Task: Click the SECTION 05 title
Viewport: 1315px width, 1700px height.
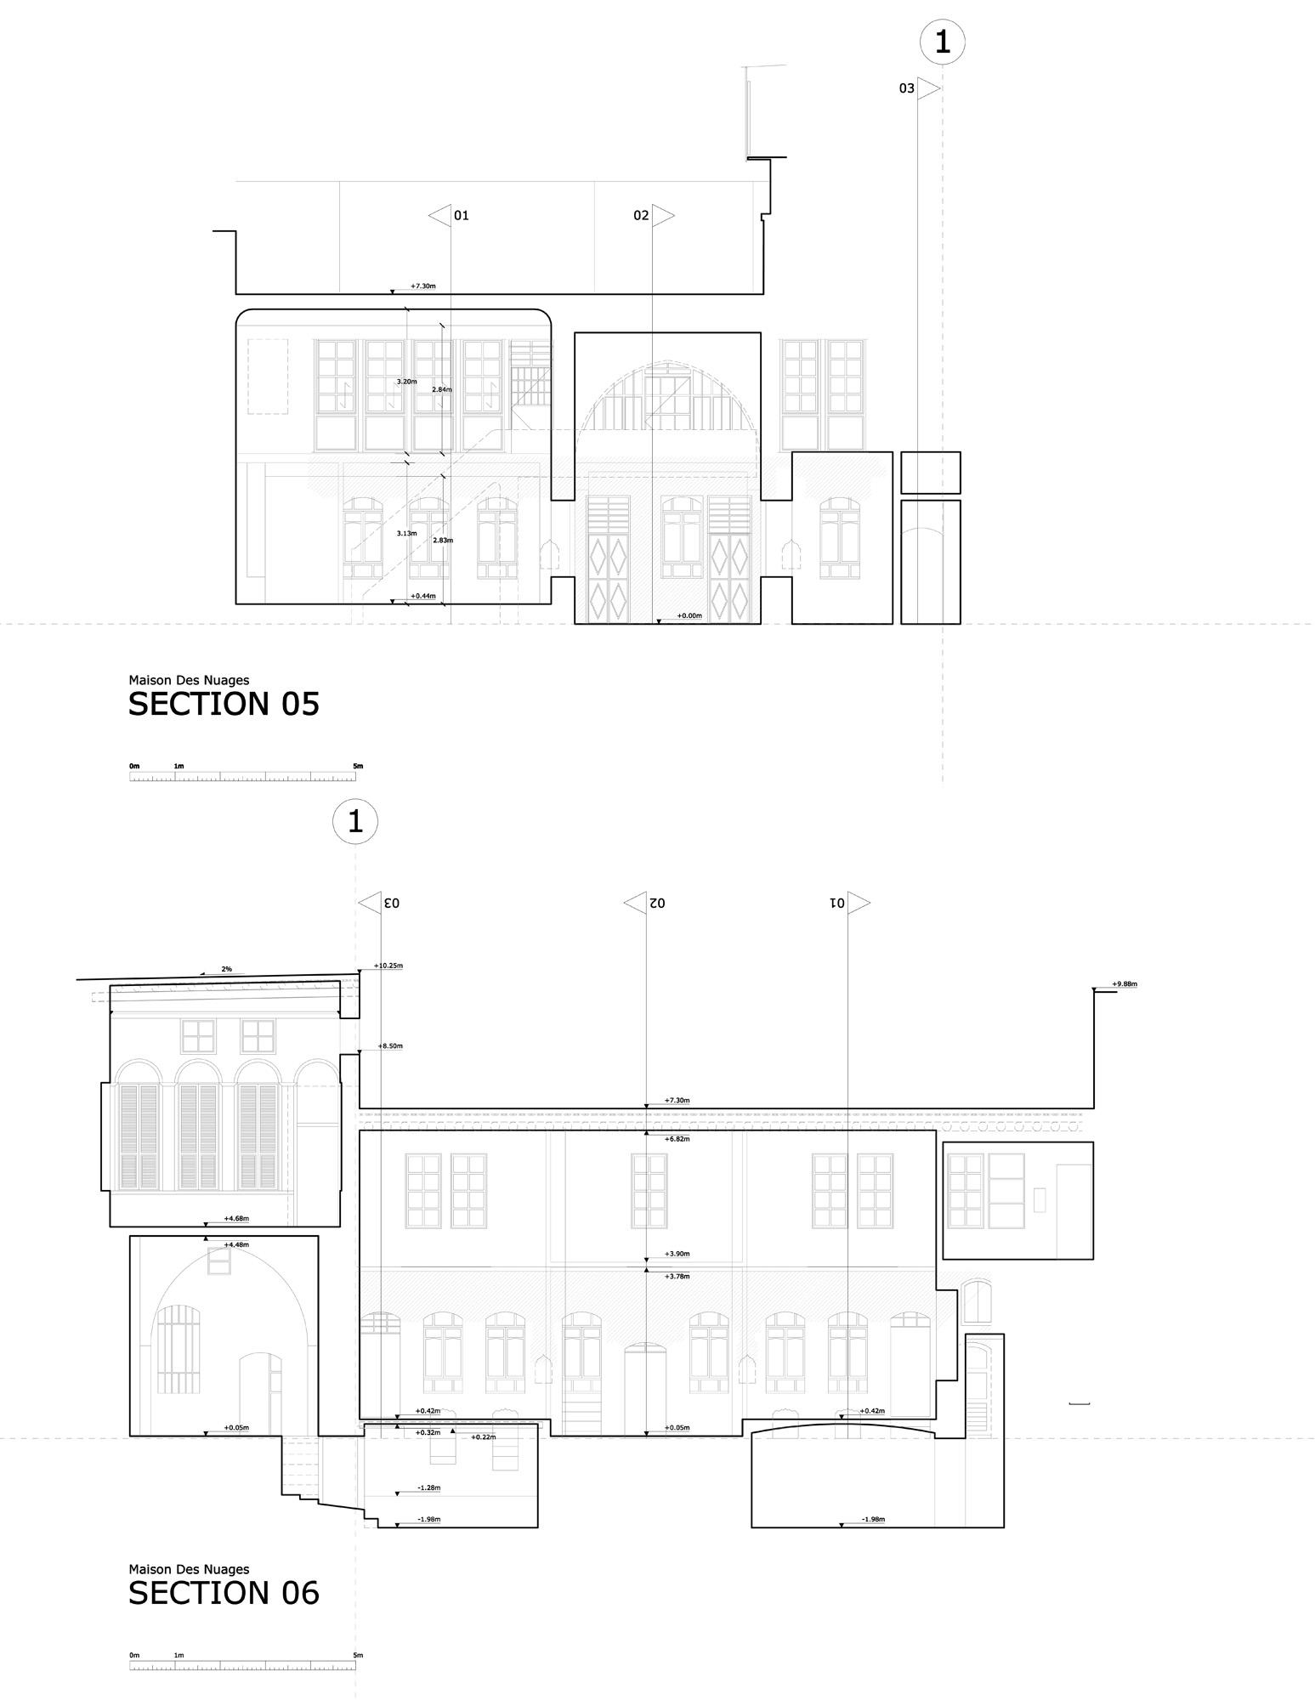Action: pyautogui.click(x=224, y=704)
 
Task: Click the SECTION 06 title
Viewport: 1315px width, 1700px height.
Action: pyautogui.click(x=224, y=1593)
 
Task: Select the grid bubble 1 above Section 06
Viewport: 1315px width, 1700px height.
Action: pyautogui.click(x=355, y=821)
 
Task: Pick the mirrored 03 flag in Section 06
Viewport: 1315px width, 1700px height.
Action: pyautogui.click(x=379, y=902)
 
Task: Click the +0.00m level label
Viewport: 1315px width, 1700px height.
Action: pyautogui.click(x=689, y=615)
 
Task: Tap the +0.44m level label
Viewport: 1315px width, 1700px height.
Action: pyautogui.click(x=422, y=596)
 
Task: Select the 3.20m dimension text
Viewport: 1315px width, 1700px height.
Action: pyautogui.click(x=406, y=382)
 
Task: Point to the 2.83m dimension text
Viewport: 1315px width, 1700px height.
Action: pyautogui.click(x=442, y=540)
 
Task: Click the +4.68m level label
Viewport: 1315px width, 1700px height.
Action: pyautogui.click(x=235, y=1218)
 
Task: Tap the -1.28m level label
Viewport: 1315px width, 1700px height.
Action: pyautogui.click(x=428, y=1487)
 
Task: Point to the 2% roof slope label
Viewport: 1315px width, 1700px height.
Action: pyautogui.click(x=226, y=969)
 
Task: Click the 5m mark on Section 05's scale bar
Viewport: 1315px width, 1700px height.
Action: pyautogui.click(x=358, y=766)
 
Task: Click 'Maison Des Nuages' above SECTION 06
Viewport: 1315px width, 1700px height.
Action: pyautogui.click(x=189, y=1569)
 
